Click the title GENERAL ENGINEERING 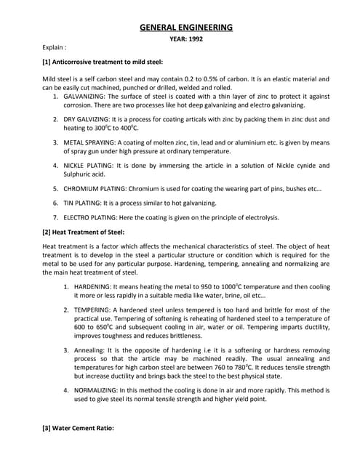pos(186,28)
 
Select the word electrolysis pos(260,217)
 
